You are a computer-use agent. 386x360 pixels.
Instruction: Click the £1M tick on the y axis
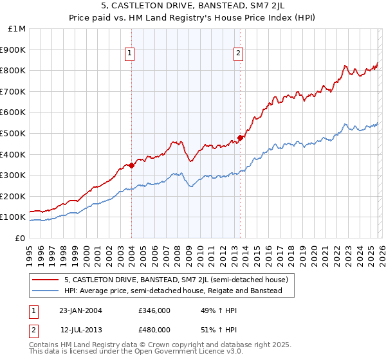click(x=17, y=29)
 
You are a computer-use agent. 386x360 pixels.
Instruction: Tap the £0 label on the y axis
click(x=21, y=238)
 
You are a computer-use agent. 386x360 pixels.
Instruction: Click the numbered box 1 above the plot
click(x=131, y=53)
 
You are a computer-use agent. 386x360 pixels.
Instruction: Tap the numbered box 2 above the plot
click(x=239, y=53)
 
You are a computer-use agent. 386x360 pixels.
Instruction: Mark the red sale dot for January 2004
click(x=132, y=165)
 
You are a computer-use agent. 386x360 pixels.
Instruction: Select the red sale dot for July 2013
click(x=240, y=137)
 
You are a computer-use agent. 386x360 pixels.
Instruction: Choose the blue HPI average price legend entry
click(x=173, y=291)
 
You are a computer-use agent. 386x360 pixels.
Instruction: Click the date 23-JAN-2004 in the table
click(x=80, y=311)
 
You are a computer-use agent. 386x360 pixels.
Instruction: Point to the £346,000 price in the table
click(x=154, y=311)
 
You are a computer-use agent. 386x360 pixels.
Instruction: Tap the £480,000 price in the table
click(x=154, y=329)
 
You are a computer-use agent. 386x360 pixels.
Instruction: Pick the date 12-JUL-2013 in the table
click(x=80, y=329)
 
